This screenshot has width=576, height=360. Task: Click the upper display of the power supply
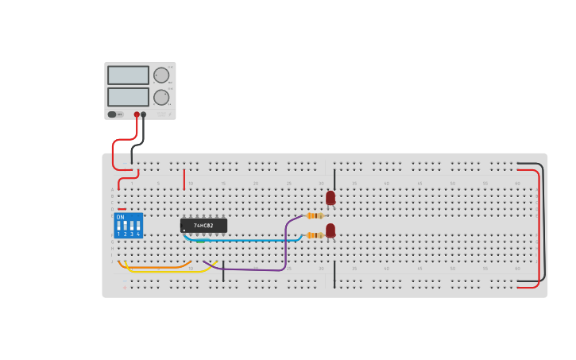point(128,75)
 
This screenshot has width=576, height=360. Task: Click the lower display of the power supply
point(128,97)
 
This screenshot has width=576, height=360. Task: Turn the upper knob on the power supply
point(161,75)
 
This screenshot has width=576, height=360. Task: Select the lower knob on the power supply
point(161,97)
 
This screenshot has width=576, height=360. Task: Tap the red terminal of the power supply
point(137,114)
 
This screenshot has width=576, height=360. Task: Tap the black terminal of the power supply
point(144,114)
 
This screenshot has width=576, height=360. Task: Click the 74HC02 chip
point(203,225)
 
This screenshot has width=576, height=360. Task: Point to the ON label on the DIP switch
point(120,217)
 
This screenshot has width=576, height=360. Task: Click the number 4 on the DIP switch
point(138,234)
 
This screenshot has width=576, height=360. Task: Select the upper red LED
point(331,198)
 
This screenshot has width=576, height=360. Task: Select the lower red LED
point(331,230)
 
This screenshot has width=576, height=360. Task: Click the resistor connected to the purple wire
point(315,215)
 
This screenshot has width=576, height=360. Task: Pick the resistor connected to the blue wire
point(315,235)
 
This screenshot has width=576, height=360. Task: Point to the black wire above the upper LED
point(334,178)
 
